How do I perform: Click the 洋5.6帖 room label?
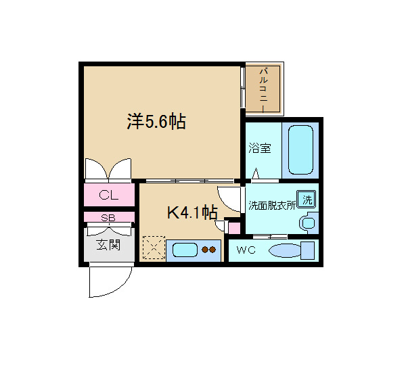click(x=156, y=122)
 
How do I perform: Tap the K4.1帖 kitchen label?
click(x=191, y=213)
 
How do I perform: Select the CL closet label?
click(x=109, y=195)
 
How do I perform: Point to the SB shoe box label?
click(x=108, y=218)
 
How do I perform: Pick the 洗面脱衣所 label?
click(x=271, y=205)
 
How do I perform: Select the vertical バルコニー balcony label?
click(x=264, y=89)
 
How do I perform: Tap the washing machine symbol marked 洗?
click(x=307, y=200)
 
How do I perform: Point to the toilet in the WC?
click(x=291, y=251)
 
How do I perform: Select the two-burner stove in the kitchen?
click(x=209, y=250)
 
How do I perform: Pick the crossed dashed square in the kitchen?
click(x=153, y=248)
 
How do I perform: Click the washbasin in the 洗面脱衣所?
click(x=309, y=222)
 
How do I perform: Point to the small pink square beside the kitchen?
click(x=234, y=227)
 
